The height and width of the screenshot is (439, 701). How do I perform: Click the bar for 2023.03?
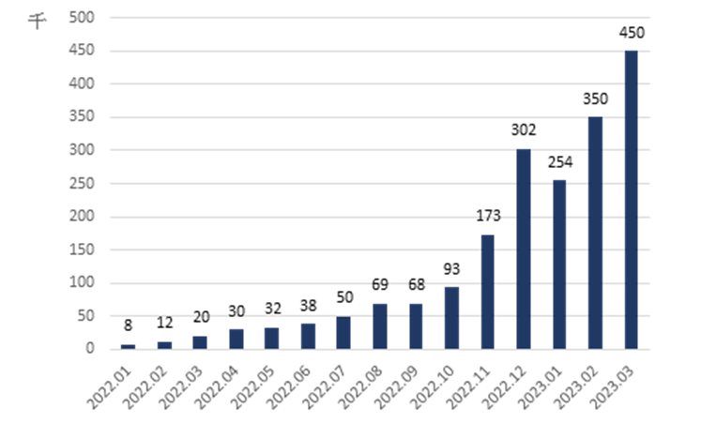point(631,199)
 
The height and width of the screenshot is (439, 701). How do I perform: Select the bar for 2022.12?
point(524,249)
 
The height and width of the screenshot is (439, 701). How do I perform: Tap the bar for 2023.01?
point(559,264)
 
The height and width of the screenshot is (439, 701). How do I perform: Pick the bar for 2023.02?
point(595,233)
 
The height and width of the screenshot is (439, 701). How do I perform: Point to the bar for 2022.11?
point(488,291)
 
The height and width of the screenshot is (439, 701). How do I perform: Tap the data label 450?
point(632,34)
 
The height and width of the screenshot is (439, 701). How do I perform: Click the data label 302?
point(524,130)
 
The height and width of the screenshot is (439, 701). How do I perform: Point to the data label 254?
point(559,162)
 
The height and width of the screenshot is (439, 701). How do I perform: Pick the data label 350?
point(595,98)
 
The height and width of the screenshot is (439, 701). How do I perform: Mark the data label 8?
point(128,327)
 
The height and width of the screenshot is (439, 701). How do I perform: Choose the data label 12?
point(164,324)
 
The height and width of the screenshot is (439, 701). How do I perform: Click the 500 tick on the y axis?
point(83,18)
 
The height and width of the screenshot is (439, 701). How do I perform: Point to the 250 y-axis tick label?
point(83,184)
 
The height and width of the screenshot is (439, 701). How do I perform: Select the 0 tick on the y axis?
point(90,349)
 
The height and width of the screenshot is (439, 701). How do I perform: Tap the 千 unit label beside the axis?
point(38,22)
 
